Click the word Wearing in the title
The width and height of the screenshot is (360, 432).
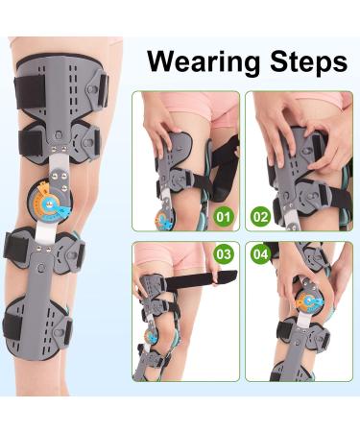[x=204, y=61]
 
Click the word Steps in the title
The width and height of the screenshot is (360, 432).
[x=309, y=61]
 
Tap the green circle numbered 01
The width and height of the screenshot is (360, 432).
[x=224, y=217]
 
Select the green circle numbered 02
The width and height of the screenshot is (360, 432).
[x=260, y=217]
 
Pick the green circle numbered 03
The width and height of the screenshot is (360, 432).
[x=224, y=254]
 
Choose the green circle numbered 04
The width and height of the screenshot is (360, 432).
[x=260, y=254]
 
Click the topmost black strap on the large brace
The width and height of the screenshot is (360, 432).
[x=29, y=90]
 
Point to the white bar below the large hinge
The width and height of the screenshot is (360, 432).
[x=47, y=232]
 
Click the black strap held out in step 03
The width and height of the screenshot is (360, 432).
[x=201, y=278]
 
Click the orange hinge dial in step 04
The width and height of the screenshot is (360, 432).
[x=309, y=301]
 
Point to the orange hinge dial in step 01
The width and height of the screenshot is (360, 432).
[x=165, y=220]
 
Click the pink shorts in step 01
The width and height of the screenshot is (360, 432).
[x=200, y=108]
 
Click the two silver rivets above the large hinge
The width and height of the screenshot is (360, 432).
[x=60, y=148]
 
